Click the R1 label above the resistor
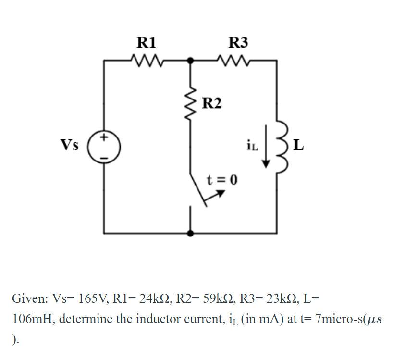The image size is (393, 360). click(146, 43)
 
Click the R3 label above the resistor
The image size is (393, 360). click(238, 43)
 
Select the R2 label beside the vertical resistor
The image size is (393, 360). click(212, 103)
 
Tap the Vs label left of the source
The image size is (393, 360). click(70, 144)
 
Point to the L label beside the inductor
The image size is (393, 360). click(298, 145)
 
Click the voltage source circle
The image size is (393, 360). click(104, 147)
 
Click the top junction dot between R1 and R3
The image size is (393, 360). click(191, 61)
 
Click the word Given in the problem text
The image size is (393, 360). click(27, 299)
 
